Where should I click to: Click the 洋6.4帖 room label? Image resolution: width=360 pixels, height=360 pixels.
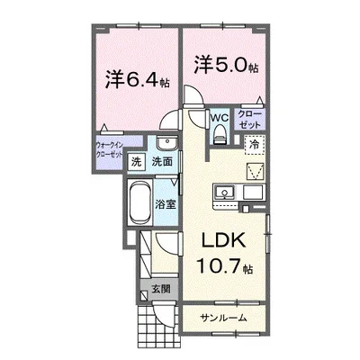click(x=137, y=80)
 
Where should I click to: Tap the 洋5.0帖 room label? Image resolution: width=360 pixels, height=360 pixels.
click(x=226, y=65)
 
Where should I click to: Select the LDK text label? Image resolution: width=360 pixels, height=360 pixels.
click(x=224, y=240)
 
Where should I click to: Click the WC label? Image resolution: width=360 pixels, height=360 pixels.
click(x=219, y=118)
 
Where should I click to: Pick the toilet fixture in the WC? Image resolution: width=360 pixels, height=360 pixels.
click(x=220, y=134)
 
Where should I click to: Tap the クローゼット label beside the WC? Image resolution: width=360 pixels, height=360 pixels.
click(x=250, y=120)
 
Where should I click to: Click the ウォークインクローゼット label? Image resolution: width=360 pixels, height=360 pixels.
click(x=109, y=150)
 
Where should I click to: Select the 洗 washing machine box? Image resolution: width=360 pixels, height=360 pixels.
click(x=136, y=162)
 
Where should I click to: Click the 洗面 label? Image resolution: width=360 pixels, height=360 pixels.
click(x=162, y=162)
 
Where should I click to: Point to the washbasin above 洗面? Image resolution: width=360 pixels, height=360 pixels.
click(x=167, y=143)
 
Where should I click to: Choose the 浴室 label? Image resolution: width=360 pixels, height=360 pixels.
click(x=166, y=205)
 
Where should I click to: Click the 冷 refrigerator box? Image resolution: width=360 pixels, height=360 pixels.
click(x=255, y=145)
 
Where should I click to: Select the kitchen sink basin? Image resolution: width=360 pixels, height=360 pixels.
click(x=224, y=193)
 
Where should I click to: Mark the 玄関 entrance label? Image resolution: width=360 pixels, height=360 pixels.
click(x=161, y=289)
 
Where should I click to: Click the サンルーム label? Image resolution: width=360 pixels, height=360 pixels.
click(x=224, y=318)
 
